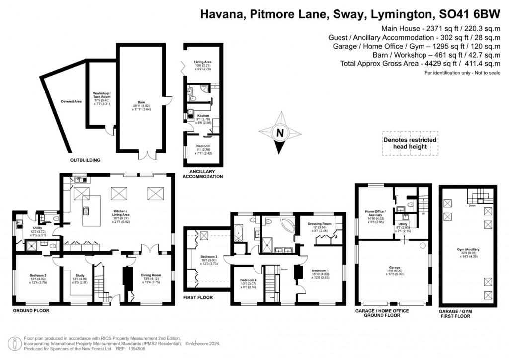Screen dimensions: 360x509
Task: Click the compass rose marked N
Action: (x=280, y=133)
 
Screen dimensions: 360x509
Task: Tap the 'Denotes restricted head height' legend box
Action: (x=410, y=143)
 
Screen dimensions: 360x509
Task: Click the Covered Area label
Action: (x=71, y=101)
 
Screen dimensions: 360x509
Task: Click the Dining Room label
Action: (x=150, y=279)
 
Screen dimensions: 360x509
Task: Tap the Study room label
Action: (x=80, y=279)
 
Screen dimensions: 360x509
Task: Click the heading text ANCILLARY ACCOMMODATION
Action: (x=202, y=174)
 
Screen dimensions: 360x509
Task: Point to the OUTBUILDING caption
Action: (x=85, y=160)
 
